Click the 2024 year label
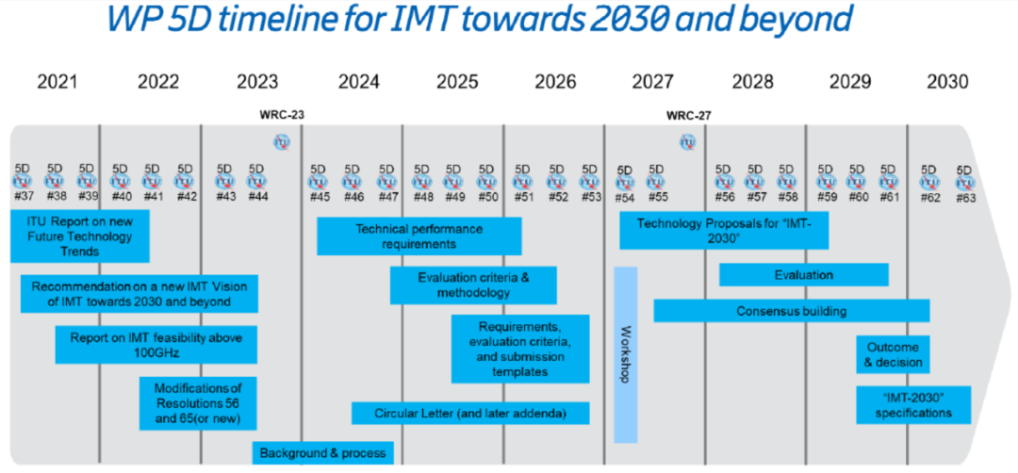(x=358, y=83)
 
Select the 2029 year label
(x=850, y=83)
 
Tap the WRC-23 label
(x=282, y=116)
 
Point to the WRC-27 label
(x=688, y=116)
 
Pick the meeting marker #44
(x=256, y=181)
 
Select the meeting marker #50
(x=487, y=181)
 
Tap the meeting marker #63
(x=965, y=183)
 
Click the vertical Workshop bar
(x=625, y=354)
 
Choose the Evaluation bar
(x=803, y=275)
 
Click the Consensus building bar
(x=791, y=311)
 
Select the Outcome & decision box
(x=893, y=354)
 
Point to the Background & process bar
(x=322, y=453)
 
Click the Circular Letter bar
(x=470, y=414)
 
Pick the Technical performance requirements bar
(x=419, y=236)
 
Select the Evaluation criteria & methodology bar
(x=473, y=285)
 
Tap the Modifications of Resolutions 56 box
(x=197, y=402)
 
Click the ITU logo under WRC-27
(x=688, y=142)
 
